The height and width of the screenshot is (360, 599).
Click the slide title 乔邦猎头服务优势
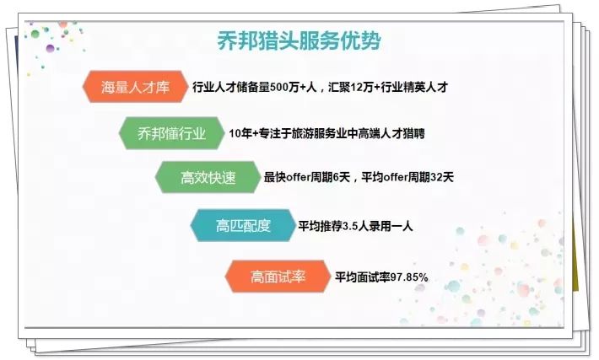click(x=299, y=40)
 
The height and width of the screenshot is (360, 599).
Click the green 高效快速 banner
click(x=207, y=178)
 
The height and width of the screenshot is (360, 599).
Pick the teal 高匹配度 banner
click(x=242, y=226)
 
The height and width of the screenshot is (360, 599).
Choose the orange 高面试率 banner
click(x=277, y=276)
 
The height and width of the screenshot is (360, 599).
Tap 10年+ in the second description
click(x=242, y=133)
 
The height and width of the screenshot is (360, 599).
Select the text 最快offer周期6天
click(x=308, y=179)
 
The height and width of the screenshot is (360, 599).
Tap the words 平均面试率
click(x=356, y=277)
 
